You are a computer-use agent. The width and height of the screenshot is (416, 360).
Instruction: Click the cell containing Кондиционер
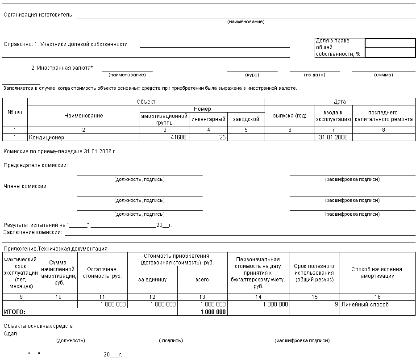[46, 138]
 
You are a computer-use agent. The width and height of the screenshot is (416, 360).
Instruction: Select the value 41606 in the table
[179, 138]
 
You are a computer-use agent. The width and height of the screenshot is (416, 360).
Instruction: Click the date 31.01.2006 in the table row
[333, 138]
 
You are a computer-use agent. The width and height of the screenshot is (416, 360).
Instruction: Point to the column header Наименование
[83, 116]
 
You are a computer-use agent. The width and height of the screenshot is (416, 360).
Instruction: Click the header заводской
[246, 119]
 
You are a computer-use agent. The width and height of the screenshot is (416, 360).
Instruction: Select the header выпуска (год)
[290, 116]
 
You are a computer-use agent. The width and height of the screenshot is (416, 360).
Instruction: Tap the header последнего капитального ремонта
[383, 116]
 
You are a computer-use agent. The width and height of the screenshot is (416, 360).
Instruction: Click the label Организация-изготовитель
[37, 15]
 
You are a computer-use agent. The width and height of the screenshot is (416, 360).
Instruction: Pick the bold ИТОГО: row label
[15, 312]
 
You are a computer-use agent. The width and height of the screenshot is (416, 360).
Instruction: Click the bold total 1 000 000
[213, 312]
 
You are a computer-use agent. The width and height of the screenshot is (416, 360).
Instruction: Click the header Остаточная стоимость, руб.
[102, 272]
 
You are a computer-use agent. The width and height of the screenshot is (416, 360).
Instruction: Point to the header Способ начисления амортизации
[377, 272]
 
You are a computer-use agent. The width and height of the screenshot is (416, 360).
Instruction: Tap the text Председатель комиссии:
[36, 165]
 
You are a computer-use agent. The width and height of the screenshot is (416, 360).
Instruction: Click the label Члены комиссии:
[25, 186]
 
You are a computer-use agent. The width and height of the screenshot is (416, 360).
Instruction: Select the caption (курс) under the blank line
[252, 75]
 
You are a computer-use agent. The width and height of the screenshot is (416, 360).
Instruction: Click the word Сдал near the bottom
[10, 334]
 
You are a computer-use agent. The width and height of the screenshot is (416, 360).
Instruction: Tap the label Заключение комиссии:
[33, 232]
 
